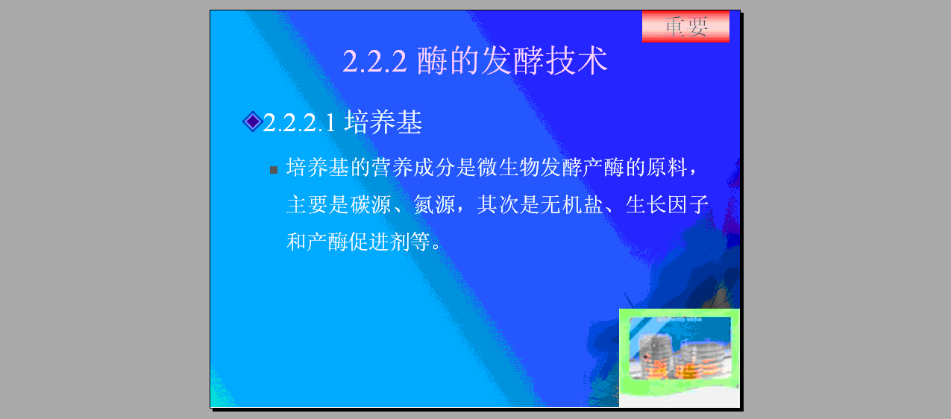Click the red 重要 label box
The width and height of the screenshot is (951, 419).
coord(685,26)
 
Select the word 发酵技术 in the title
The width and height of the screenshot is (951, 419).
coord(544,60)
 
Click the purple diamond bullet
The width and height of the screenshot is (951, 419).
coord(253,122)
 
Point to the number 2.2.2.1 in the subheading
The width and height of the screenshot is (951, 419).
coord(299,123)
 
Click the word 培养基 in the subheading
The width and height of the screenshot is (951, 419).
coord(383,122)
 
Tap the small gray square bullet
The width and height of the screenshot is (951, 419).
coord(274,170)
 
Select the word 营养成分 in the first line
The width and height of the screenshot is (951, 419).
coord(413,167)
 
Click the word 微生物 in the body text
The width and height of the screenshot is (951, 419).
coord(509,167)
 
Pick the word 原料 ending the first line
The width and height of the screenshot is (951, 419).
coord(667,167)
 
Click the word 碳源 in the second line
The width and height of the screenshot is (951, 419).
coord(371,204)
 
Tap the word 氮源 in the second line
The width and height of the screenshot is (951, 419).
coord(434,204)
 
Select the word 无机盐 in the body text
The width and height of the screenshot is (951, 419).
coord(572,204)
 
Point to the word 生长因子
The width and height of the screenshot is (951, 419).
coord(668,204)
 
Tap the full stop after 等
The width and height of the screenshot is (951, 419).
coord(436,246)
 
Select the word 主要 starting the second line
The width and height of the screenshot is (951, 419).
coord(307,204)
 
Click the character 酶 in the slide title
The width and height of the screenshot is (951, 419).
coord(432,60)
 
